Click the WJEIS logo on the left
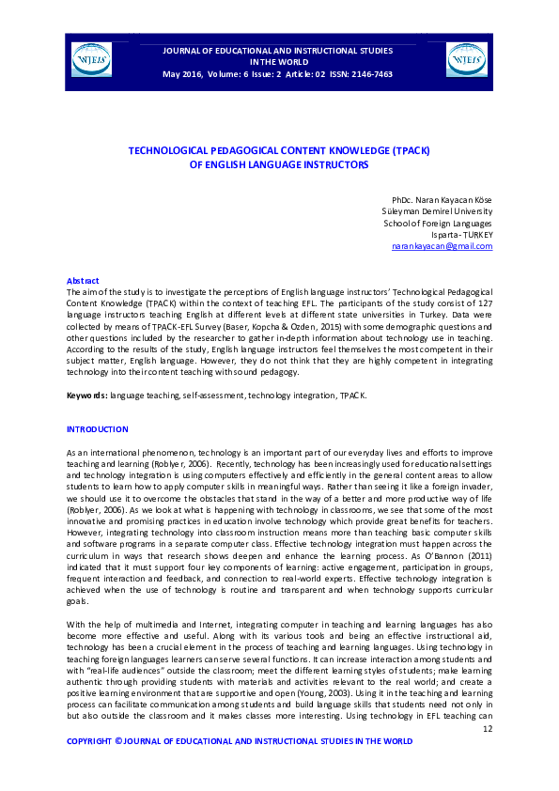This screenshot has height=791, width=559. click(x=91, y=60)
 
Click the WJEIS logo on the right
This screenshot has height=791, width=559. click(x=466, y=60)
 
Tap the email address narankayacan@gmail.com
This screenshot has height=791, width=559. click(x=442, y=246)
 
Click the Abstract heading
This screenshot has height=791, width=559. click(x=83, y=281)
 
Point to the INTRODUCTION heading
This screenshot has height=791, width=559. click(x=97, y=429)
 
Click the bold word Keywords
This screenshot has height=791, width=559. click(x=86, y=395)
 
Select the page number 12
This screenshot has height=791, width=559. click(x=487, y=728)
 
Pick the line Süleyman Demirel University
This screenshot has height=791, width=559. click(x=436, y=212)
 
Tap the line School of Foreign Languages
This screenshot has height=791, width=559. click(x=438, y=224)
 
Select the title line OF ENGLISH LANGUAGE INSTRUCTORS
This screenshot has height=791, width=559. click(x=279, y=163)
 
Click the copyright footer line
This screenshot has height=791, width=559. click(x=240, y=741)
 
